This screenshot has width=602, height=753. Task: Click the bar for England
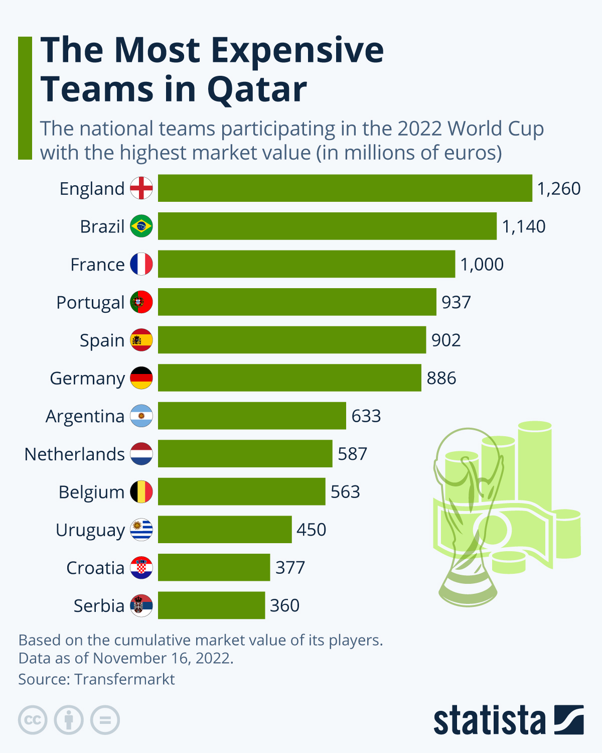click(345, 188)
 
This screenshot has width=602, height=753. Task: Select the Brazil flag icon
click(141, 226)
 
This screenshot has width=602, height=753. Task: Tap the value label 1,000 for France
click(482, 265)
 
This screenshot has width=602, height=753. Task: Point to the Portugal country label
click(90, 303)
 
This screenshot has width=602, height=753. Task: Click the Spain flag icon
click(141, 340)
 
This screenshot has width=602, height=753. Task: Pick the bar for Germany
click(289, 378)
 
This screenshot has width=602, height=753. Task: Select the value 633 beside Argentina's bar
click(366, 416)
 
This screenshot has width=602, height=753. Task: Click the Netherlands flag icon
click(141, 454)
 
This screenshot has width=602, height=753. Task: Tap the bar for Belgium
click(241, 492)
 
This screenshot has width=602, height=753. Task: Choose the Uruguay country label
click(90, 530)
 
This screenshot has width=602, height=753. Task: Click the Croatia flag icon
click(141, 568)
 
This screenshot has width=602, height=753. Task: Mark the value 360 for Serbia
click(284, 605)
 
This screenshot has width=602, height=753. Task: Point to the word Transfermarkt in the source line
click(124, 679)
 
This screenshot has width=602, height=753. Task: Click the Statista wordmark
click(489, 720)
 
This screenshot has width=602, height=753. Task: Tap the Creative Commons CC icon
click(33, 720)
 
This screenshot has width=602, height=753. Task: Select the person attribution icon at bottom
click(69, 720)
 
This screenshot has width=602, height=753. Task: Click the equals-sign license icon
click(105, 720)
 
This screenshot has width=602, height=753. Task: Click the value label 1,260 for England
click(558, 189)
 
